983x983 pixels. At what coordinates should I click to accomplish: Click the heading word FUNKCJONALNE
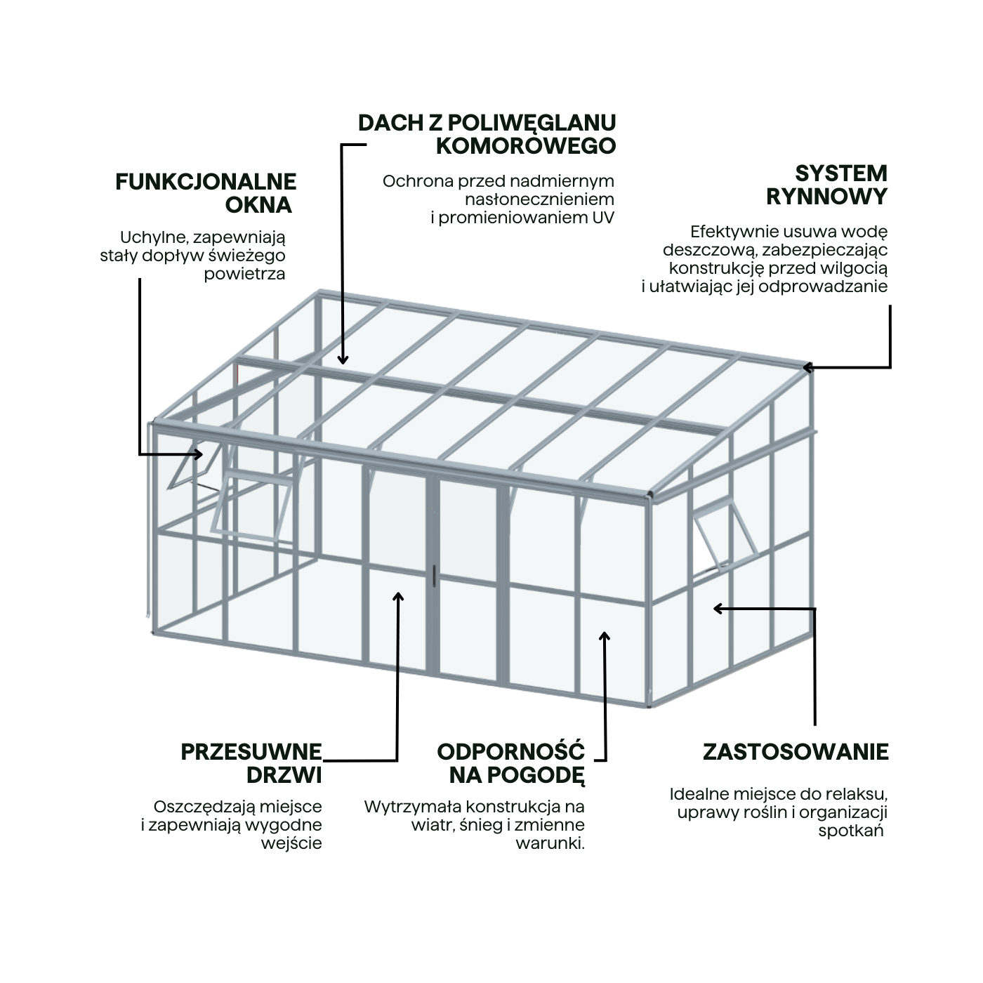tap(206, 182)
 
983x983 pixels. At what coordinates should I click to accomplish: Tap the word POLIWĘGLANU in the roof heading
tap(532, 122)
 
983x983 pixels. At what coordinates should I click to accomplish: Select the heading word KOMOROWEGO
tap(526, 146)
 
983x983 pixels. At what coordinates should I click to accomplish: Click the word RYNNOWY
tap(826, 197)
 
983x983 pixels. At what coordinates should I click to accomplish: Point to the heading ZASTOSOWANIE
tap(796, 752)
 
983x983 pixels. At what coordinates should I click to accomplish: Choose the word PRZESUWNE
tap(251, 752)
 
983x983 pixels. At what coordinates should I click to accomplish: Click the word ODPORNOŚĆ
tap(510, 752)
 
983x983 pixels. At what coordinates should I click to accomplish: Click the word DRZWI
tap(284, 775)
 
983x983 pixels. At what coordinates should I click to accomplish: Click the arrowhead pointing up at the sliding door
tap(398, 598)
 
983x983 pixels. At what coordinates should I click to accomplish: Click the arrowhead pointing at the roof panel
tap(343, 359)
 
